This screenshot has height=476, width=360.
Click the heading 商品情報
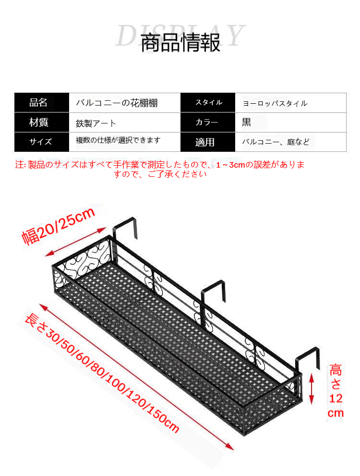[180, 43]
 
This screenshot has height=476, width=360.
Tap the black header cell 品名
[42, 103]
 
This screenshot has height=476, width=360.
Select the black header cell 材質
[42, 122]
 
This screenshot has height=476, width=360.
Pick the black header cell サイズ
[42, 142]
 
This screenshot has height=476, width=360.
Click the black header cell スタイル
[208, 103]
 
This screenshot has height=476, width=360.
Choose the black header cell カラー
[208, 122]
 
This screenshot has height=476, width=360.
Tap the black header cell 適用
[208, 142]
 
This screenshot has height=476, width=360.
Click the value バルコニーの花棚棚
[117, 103]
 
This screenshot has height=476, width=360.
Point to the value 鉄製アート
[96, 123]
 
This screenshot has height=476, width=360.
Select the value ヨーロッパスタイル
[275, 104]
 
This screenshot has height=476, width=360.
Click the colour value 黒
[246, 122]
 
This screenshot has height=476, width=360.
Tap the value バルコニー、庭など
[276, 142]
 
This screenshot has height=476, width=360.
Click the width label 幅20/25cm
[58, 226]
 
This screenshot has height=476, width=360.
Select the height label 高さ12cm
[336, 391]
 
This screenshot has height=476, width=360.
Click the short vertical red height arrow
[312, 389]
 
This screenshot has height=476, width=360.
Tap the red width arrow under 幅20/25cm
[75, 242]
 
